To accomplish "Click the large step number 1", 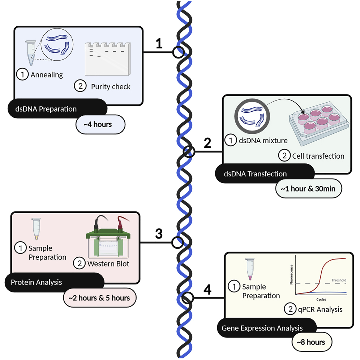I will point(159,44).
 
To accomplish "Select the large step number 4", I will point(207,290).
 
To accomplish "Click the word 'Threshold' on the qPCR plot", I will point(338,280).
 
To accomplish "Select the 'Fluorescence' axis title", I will point(292,275).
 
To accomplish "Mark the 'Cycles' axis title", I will point(321,300).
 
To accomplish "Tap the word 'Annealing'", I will point(47,75).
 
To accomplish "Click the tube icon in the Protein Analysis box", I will point(35,229).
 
